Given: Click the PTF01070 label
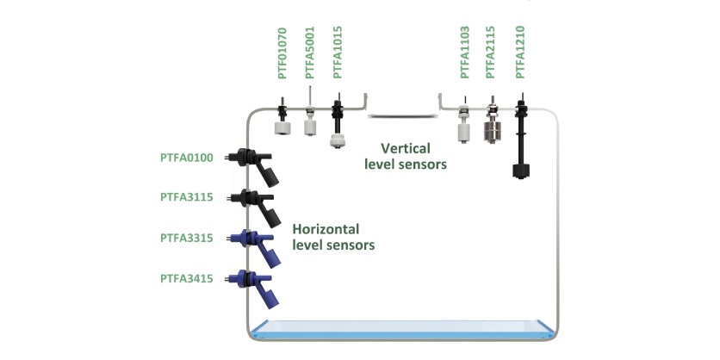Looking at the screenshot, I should (282, 54).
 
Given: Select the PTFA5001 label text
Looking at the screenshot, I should (310, 54).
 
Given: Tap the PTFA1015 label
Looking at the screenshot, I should (338, 54).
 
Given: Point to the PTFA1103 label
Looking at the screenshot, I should (464, 54).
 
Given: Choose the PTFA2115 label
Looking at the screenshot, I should (491, 54).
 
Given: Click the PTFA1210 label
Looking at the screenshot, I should (519, 54).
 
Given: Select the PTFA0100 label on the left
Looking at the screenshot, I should (189, 158).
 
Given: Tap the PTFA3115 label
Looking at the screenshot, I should (189, 197).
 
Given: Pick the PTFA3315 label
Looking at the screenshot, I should (189, 238).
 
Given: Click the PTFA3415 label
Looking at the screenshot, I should (189, 278).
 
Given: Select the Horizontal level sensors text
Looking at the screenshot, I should (334, 237).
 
